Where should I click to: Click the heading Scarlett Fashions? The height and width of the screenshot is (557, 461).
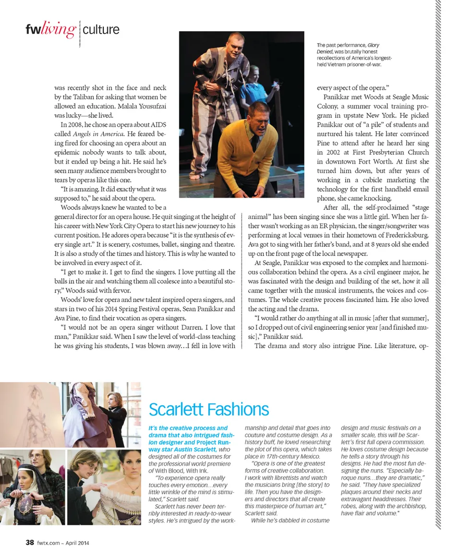(208, 410)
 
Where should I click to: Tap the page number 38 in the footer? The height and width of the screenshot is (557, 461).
(30, 543)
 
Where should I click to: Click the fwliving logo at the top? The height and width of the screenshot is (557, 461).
(51, 30)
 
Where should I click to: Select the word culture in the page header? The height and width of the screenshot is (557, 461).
(101, 30)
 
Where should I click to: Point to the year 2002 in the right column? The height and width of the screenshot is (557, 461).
(336, 152)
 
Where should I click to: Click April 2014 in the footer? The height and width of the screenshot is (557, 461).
(77, 543)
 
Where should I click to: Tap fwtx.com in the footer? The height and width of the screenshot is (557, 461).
(48, 543)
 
